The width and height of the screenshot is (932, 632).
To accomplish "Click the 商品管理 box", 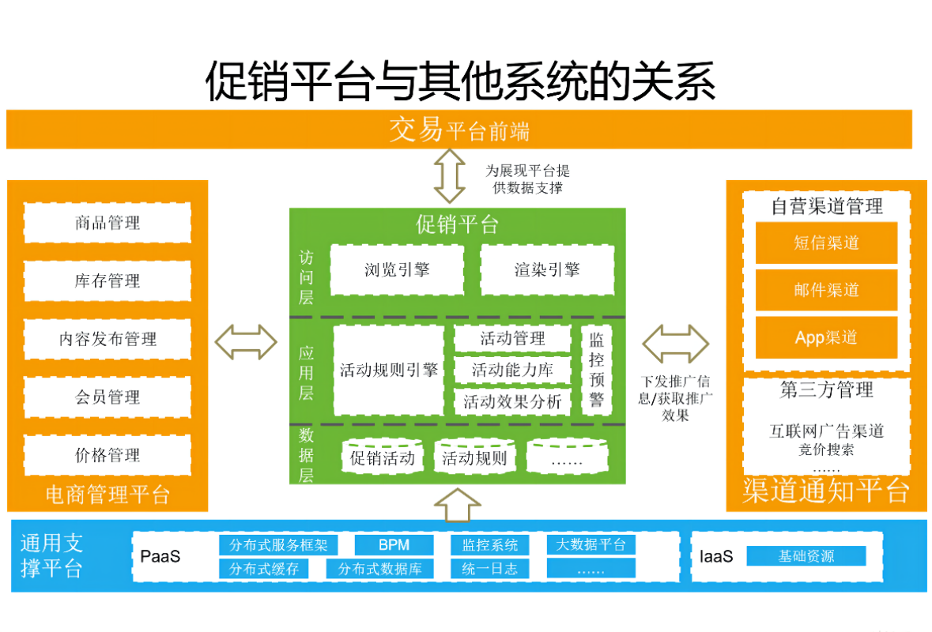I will tap(108, 223).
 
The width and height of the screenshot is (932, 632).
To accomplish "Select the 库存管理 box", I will tap(108, 281).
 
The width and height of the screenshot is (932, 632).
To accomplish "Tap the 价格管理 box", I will tap(108, 455).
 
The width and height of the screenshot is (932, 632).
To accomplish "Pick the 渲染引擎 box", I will tap(547, 269).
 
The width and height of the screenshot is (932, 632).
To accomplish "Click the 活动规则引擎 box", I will tap(389, 370).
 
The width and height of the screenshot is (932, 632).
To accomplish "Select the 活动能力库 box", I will tap(512, 369).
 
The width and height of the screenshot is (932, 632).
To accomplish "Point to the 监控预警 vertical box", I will tap(596, 370).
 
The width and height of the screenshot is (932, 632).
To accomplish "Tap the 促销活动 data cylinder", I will tap(383, 457).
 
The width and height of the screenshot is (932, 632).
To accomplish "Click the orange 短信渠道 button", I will tap(826, 243).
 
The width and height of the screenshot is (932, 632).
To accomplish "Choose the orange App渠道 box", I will tap(826, 337).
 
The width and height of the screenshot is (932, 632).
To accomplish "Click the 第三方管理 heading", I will tap(826, 389).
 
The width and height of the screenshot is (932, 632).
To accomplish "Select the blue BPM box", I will tap(394, 545).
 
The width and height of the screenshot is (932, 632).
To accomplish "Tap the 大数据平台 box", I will tap(591, 544).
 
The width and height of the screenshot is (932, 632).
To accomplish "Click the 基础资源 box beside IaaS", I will tap(806, 556).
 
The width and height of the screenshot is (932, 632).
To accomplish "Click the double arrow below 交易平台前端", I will tap(451, 178).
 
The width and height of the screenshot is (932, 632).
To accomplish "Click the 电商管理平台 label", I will tap(108, 495).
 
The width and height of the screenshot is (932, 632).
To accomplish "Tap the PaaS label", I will tap(160, 556).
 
